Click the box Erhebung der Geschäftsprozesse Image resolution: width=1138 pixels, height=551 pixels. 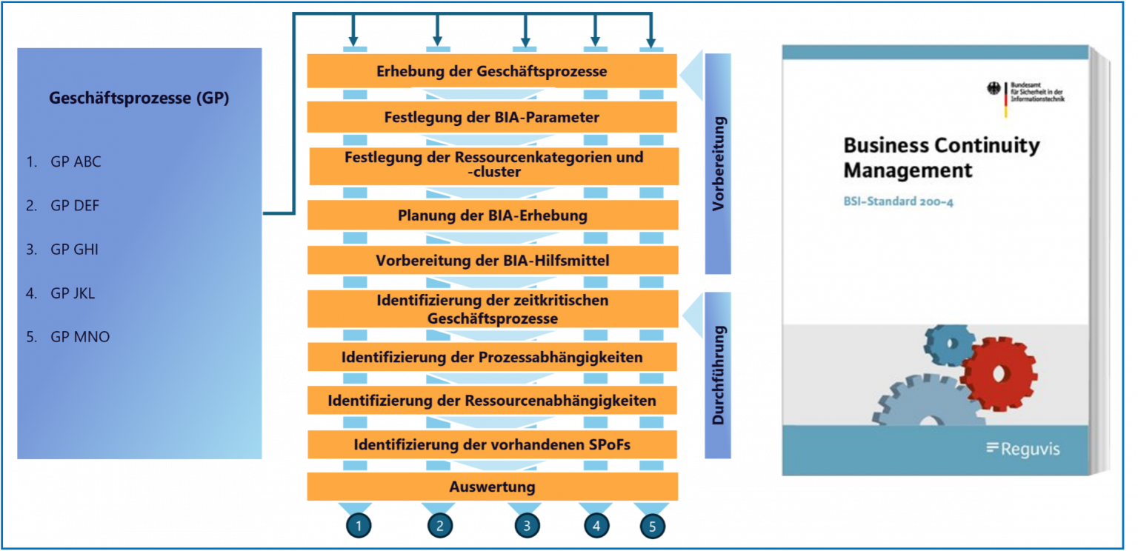[x=492, y=72]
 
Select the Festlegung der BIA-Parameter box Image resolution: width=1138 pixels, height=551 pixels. [x=492, y=117]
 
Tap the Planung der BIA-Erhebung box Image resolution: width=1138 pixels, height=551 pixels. [x=492, y=216]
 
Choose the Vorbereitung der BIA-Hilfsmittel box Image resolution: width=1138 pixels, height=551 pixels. [x=492, y=261]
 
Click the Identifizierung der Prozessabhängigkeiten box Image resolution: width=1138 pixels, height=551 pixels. [x=492, y=357]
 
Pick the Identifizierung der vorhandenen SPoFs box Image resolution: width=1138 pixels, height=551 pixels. [x=492, y=445]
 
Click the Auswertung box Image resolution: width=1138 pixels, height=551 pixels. [x=492, y=487]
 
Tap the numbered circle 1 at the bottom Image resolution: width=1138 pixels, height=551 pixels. [x=359, y=526]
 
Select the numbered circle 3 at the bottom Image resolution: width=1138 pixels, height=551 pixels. [x=527, y=526]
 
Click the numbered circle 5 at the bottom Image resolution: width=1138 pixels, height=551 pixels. [x=652, y=526]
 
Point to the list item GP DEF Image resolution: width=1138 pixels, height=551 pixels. [x=74, y=206]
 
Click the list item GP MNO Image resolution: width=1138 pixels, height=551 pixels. [x=79, y=337]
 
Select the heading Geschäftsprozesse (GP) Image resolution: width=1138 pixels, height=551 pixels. [x=139, y=98]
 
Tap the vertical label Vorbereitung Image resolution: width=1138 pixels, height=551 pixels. [x=717, y=164]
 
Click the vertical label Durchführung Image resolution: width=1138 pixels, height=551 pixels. [x=717, y=375]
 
